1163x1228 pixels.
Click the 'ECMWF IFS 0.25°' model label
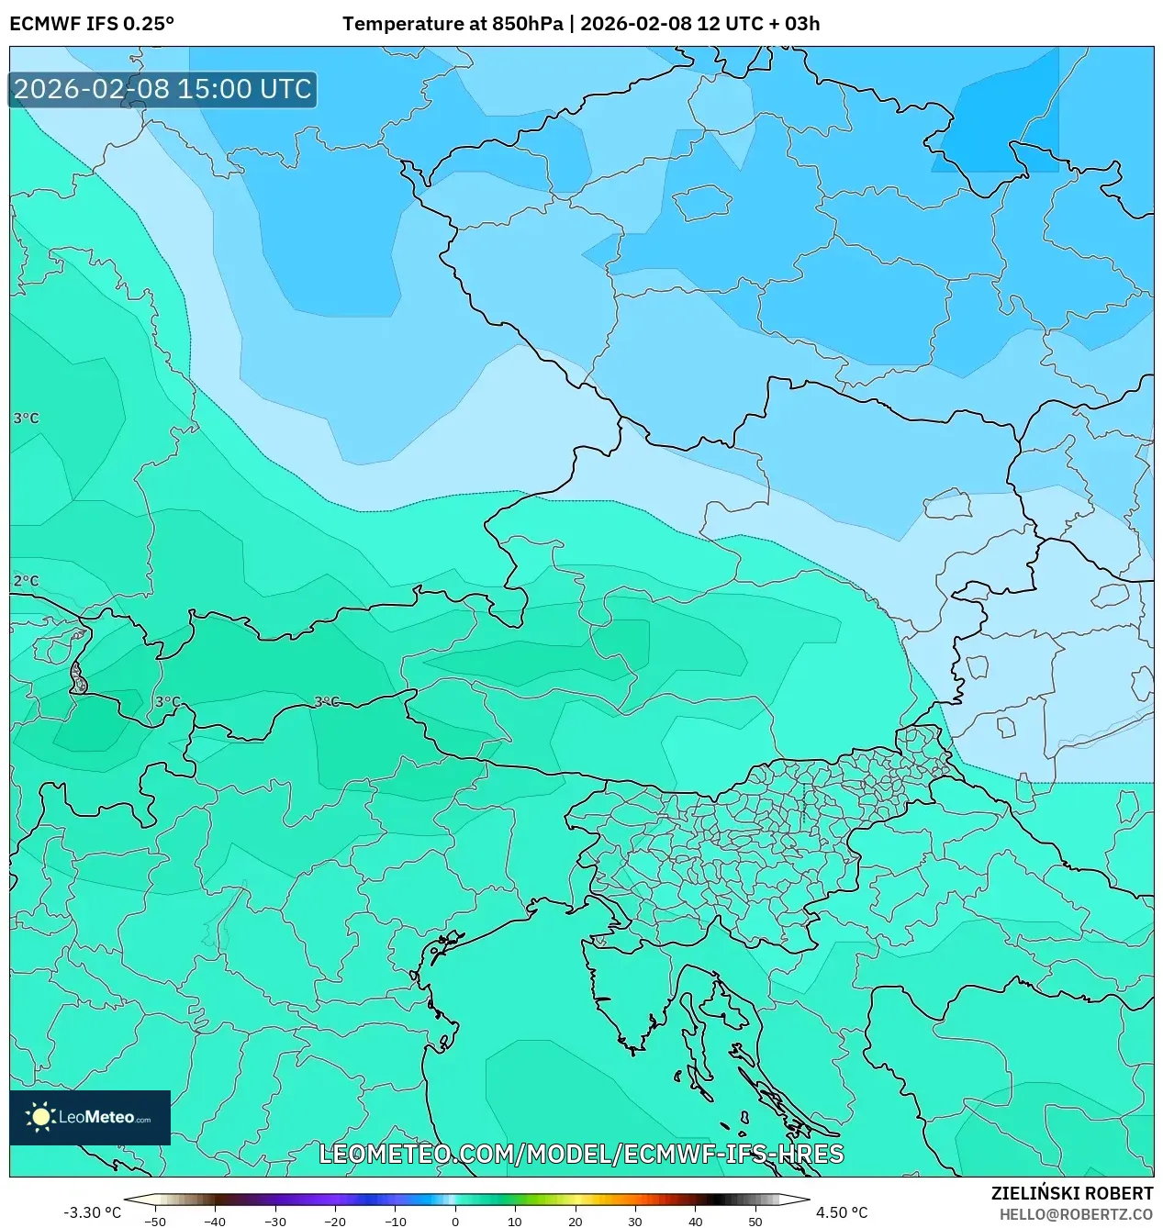click(92, 24)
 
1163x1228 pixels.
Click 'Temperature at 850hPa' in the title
click(453, 24)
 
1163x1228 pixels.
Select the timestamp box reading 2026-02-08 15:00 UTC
click(162, 89)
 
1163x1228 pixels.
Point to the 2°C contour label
click(26, 581)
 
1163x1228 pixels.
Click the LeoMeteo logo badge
click(90, 1117)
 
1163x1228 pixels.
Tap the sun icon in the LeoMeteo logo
click(40, 1117)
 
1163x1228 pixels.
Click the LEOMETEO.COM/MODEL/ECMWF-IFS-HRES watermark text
click(581, 1154)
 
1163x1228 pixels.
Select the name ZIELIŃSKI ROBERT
click(1071, 1193)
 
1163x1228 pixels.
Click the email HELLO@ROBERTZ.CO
click(1076, 1213)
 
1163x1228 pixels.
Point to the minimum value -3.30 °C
click(92, 1212)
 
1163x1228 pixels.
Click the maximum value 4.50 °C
click(842, 1212)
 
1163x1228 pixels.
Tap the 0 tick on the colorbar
click(455, 1222)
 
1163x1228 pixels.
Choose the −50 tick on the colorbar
click(155, 1222)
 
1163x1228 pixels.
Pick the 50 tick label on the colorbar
click(755, 1222)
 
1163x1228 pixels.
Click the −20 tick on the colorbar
click(335, 1222)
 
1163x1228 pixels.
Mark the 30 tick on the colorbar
click(635, 1222)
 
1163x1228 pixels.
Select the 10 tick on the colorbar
click(515, 1222)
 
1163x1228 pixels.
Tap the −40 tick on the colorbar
click(215, 1222)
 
